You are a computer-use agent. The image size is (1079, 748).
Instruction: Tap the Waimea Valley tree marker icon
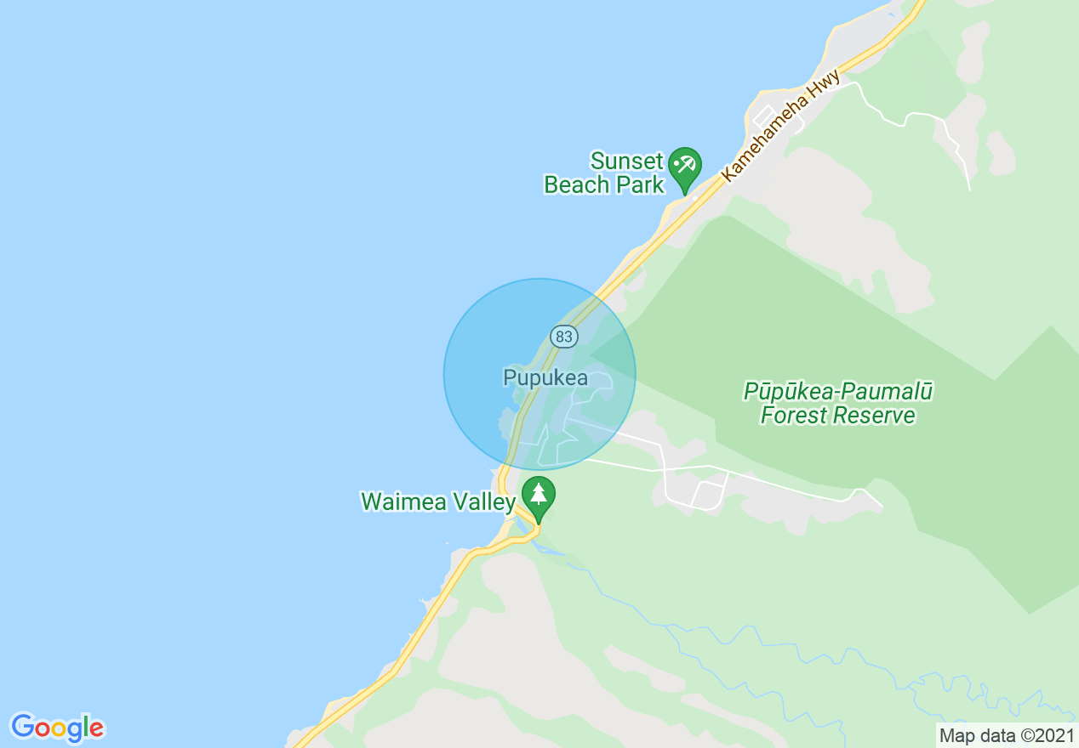point(538,495)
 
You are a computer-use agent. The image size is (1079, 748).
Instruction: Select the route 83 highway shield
point(563,337)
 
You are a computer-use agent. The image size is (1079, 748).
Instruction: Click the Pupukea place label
point(545,377)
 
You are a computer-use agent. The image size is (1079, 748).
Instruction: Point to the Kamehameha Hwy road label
point(781,125)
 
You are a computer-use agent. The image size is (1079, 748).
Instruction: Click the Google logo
point(57,728)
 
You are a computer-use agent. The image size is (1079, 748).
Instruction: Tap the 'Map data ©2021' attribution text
point(1006,734)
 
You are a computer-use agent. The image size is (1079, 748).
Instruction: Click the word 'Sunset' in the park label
point(627,161)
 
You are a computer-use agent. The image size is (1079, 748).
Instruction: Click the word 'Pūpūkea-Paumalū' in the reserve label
point(838,392)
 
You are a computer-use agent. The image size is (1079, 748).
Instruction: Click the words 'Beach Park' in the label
point(604,185)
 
